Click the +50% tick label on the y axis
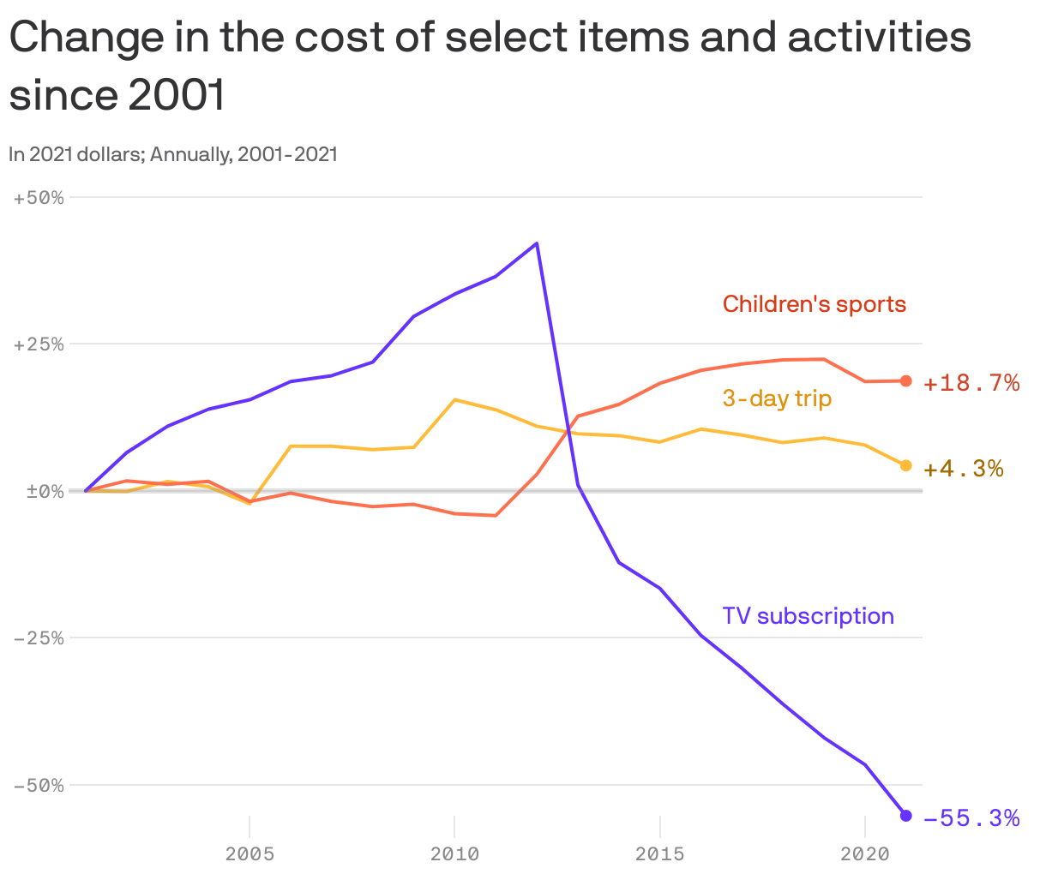click(x=39, y=198)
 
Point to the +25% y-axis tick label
click(x=39, y=344)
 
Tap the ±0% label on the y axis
click(x=39, y=491)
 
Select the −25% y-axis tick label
click(x=39, y=638)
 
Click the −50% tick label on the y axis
click(x=39, y=785)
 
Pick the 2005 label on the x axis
click(x=249, y=853)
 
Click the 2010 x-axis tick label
click(x=454, y=853)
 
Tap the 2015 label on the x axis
click(x=659, y=853)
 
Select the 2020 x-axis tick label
click(x=864, y=853)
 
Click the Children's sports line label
click(x=814, y=304)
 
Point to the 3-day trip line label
click(x=777, y=398)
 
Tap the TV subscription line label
click(x=808, y=616)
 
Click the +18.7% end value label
click(x=971, y=383)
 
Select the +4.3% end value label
click(x=963, y=469)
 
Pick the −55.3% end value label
click(x=971, y=818)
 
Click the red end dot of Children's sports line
click(x=905, y=381)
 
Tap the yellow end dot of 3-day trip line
click(x=905, y=465)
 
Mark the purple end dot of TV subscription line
click(x=905, y=815)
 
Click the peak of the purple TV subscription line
click(x=537, y=243)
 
